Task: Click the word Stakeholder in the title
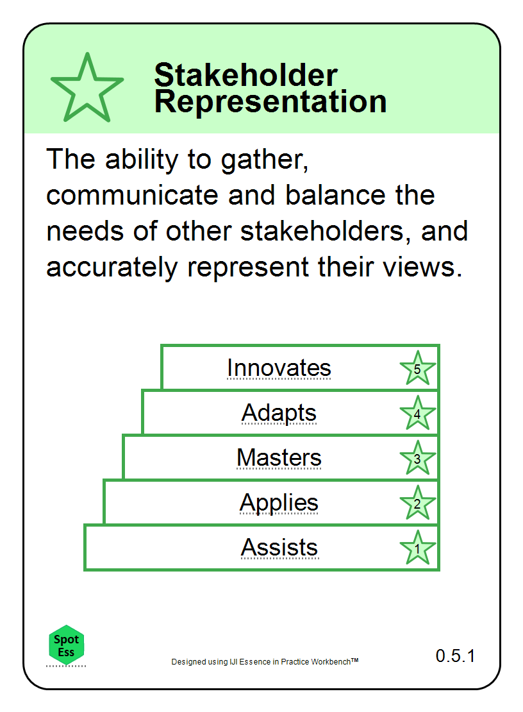pyautogui.click(x=246, y=75)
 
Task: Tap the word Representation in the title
pyautogui.click(x=270, y=102)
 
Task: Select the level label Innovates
pyautogui.click(x=279, y=368)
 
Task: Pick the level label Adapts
pyautogui.click(x=279, y=413)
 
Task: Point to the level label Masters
pyautogui.click(x=279, y=457)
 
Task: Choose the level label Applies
pyautogui.click(x=279, y=503)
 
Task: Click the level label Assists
pyautogui.click(x=279, y=547)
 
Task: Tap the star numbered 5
pyautogui.click(x=417, y=368)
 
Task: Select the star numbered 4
pyautogui.click(x=417, y=413)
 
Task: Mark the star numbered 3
pyautogui.click(x=417, y=458)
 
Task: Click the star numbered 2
pyautogui.click(x=417, y=503)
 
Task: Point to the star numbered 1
pyautogui.click(x=417, y=548)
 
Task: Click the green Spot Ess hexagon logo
pyautogui.click(x=66, y=645)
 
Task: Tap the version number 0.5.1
pyautogui.click(x=455, y=656)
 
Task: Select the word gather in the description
pyautogui.click(x=265, y=161)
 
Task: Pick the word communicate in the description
pyautogui.click(x=133, y=195)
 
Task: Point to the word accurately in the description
pyautogui.click(x=112, y=268)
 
